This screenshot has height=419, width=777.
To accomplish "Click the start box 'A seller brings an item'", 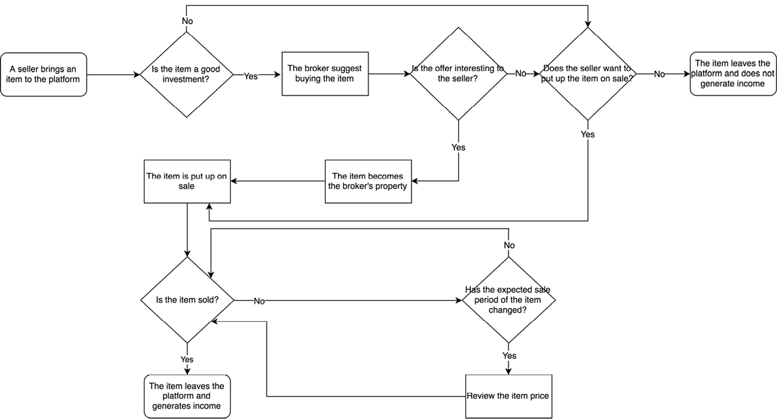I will tap(43, 74).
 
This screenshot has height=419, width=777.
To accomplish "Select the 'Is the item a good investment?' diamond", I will tap(186, 74).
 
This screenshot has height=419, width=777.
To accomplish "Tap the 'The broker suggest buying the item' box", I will tap(325, 74).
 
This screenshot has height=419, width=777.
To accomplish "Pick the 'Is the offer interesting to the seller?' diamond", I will tap(458, 74).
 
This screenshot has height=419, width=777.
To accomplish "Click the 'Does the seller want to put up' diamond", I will tap(587, 74).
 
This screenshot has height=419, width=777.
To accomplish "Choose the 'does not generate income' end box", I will tap(733, 74).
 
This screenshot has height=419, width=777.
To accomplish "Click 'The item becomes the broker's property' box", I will tap(368, 181).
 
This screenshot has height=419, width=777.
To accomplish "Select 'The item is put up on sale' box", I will tap(187, 181).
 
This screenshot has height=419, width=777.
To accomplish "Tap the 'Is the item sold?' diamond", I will tap(187, 300).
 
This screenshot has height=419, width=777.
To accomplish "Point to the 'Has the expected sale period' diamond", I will tap(508, 300).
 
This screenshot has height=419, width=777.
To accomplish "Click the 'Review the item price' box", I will tap(508, 396).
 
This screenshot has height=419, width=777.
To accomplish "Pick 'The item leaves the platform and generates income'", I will tap(187, 396).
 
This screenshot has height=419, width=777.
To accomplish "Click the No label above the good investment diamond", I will tap(187, 21).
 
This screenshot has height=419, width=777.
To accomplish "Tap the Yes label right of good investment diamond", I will tap(251, 76).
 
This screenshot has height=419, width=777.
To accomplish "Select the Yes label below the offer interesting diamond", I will tap(458, 147).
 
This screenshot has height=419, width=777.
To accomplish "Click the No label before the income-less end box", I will tap(659, 74).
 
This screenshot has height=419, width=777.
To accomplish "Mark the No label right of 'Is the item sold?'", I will tap(259, 301).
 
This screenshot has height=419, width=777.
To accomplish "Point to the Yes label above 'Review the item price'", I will tap(509, 356).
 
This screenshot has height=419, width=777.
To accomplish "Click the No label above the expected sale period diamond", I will tap(509, 245).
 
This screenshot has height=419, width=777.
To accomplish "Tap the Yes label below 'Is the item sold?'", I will tap(187, 360).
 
